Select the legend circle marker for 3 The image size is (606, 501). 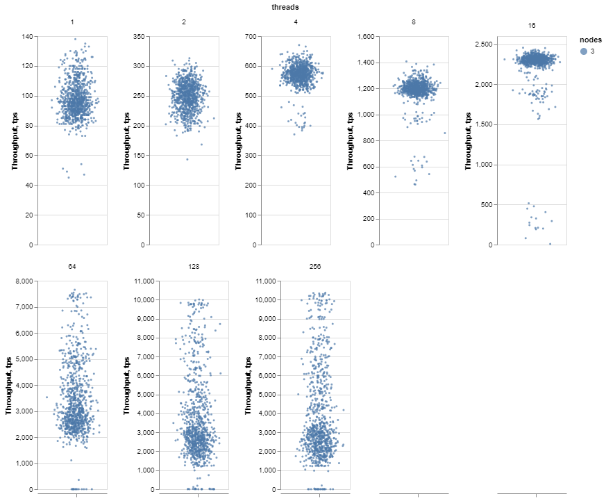[x=584, y=51]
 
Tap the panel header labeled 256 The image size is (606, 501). [x=315, y=267]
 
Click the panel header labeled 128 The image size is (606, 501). [x=194, y=267]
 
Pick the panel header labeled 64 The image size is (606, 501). [x=72, y=267]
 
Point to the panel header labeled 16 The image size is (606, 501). [x=532, y=25]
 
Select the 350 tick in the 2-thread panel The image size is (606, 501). [x=137, y=36]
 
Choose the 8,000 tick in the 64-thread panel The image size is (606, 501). [x=23, y=281]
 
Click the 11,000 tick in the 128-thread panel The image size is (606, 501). [x=142, y=281]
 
